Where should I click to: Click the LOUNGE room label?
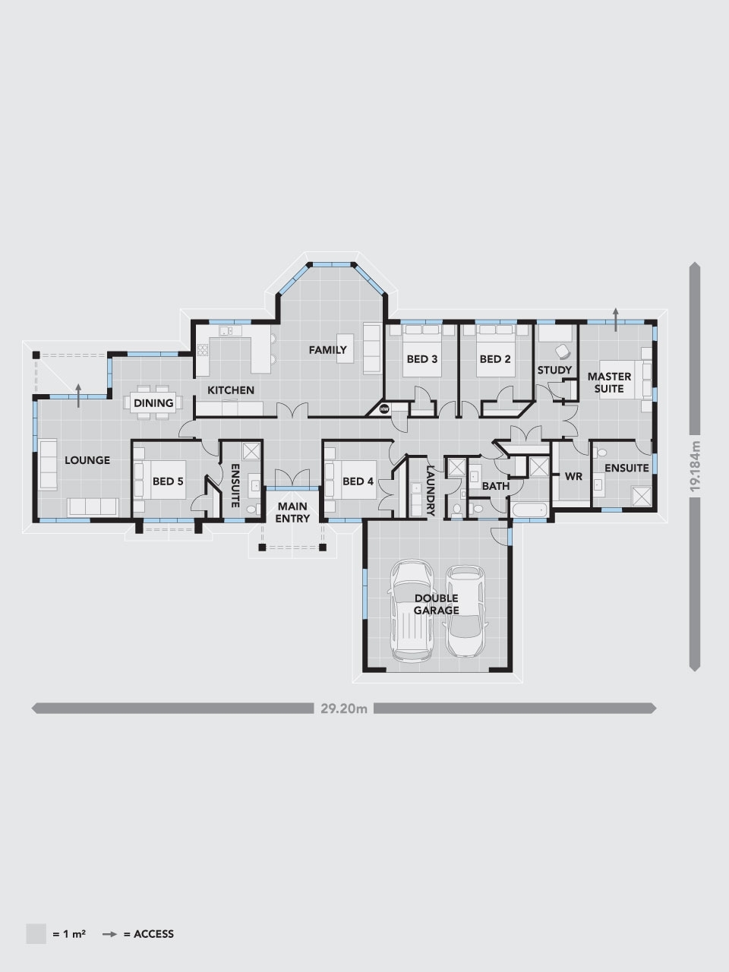[x=87, y=460]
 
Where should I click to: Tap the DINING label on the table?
[x=154, y=403]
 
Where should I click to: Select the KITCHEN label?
[x=231, y=390]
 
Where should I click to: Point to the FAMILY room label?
[x=327, y=350]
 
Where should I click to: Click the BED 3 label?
[x=422, y=359]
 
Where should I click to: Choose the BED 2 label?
[x=494, y=359]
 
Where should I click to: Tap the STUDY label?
[x=554, y=371]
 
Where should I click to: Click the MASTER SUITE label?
[x=609, y=383]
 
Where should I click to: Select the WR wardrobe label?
[x=573, y=477]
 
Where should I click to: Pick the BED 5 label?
[x=168, y=481]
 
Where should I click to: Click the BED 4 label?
[x=358, y=481]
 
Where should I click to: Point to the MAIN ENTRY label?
[x=292, y=513]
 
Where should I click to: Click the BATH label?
[x=495, y=486]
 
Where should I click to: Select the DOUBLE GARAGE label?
[x=436, y=604]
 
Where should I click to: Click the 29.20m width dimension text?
[x=344, y=709]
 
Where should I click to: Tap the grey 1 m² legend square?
[x=36, y=934]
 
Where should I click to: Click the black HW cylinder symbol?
[x=384, y=409]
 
